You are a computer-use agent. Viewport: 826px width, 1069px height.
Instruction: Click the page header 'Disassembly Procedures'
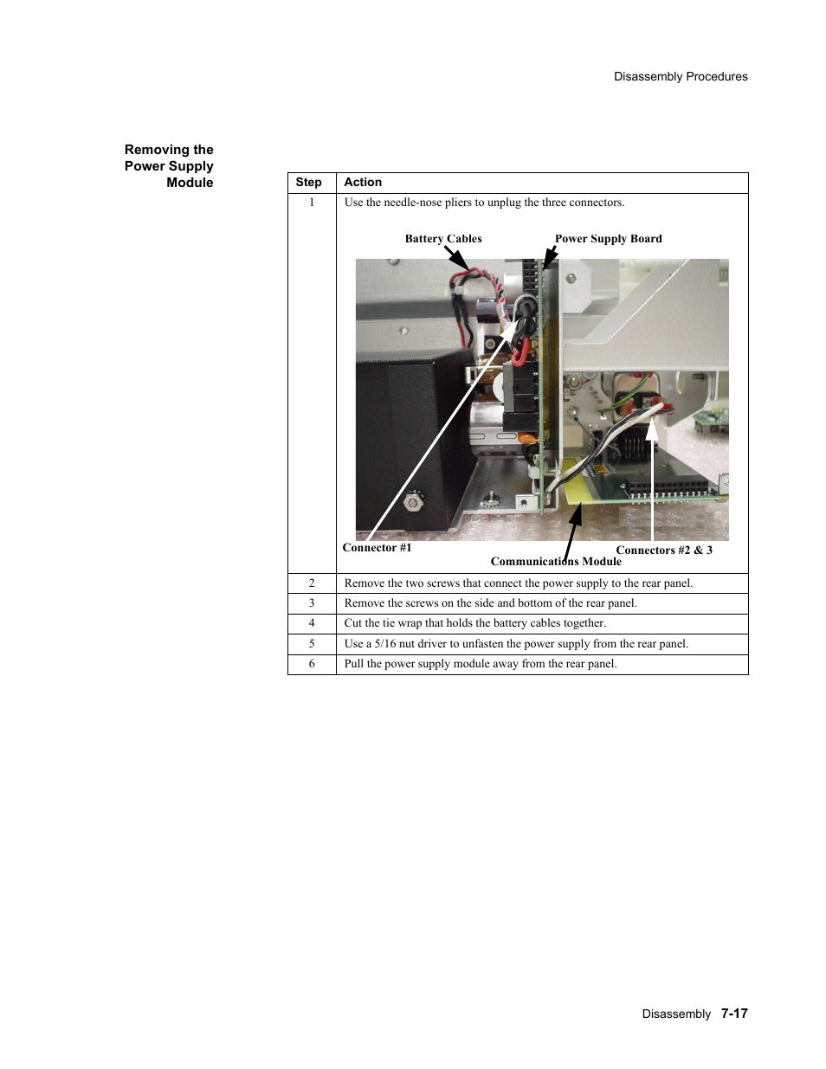click(x=681, y=76)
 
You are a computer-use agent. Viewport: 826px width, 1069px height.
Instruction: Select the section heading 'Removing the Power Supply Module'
click(x=169, y=166)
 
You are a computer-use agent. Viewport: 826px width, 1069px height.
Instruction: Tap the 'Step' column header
click(x=308, y=183)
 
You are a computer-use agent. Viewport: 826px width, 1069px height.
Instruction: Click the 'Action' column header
click(x=363, y=183)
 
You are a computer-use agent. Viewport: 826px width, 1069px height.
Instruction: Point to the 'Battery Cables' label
click(x=443, y=239)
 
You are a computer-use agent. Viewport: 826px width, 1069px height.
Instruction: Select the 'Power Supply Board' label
click(x=608, y=239)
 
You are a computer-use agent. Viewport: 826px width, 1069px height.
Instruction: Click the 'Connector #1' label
click(x=377, y=548)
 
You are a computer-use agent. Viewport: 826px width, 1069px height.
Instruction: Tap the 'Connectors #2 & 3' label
click(x=663, y=551)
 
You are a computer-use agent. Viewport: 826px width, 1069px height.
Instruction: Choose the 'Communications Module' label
click(x=556, y=562)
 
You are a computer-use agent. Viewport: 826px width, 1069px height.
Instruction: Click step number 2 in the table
click(x=312, y=583)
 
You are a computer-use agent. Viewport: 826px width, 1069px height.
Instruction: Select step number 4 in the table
click(x=312, y=623)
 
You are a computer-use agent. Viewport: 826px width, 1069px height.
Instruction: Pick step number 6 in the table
click(x=312, y=664)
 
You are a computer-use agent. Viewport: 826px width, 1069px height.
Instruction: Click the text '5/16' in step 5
click(x=384, y=644)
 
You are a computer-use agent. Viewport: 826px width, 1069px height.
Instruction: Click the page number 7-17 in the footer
click(x=734, y=1014)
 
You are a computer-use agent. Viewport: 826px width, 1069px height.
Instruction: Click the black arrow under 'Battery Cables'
click(x=456, y=257)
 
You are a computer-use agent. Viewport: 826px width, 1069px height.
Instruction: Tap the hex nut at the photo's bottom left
click(x=415, y=501)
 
